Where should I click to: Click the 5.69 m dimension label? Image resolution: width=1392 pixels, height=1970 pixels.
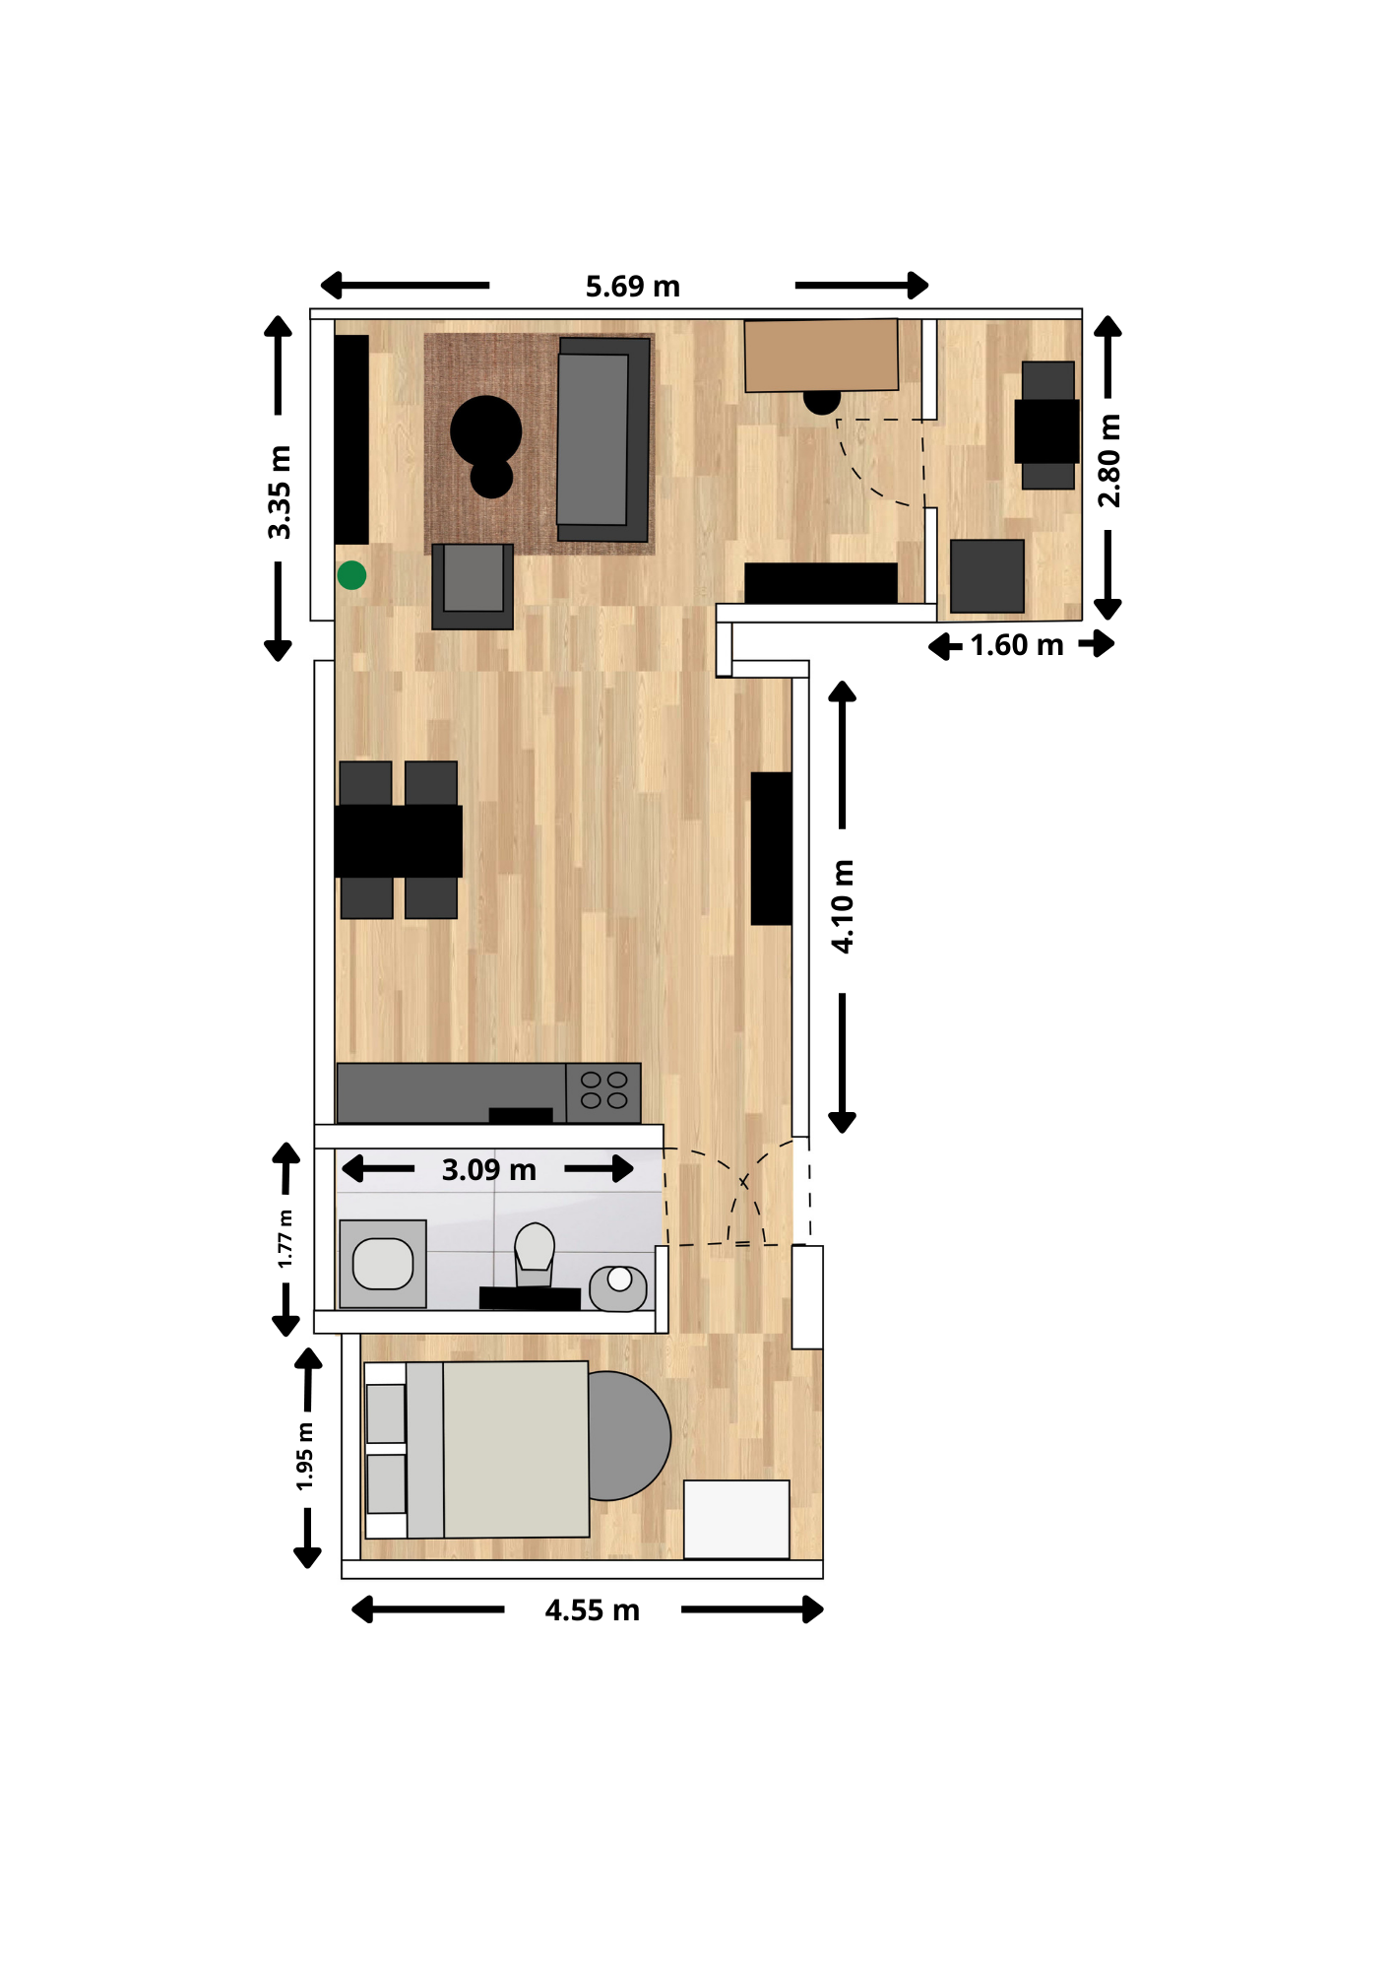tap(632, 287)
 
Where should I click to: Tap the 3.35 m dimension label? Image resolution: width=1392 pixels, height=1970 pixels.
tap(280, 492)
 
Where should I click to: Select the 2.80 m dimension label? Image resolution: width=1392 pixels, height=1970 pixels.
tap(1109, 460)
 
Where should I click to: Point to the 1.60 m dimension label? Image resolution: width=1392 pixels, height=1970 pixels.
tap(1017, 645)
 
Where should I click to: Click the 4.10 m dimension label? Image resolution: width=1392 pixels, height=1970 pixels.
tap(843, 906)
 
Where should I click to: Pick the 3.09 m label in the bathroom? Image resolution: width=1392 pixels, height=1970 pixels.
tap(488, 1170)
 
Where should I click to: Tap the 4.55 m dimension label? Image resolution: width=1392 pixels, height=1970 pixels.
tap(592, 1610)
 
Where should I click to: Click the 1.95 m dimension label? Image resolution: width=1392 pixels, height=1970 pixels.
tap(305, 1456)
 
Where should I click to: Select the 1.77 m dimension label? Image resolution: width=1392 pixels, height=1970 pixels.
tap(285, 1238)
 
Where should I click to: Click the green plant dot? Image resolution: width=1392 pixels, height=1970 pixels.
tap(351, 575)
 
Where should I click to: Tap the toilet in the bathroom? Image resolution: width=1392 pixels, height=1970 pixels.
tap(534, 1254)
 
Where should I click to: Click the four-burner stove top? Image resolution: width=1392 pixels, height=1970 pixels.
tap(603, 1091)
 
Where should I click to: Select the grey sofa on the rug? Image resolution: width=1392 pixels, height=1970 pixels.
tap(603, 439)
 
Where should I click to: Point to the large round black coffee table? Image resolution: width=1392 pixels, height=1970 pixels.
tap(485, 430)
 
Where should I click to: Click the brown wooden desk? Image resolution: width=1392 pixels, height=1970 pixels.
tap(821, 355)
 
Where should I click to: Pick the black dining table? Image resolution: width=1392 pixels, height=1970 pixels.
tap(398, 841)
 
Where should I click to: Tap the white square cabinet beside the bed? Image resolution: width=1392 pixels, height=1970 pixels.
tap(736, 1519)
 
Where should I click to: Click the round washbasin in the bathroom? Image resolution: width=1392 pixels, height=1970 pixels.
tap(618, 1287)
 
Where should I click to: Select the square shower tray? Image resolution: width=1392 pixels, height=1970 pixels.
tap(383, 1264)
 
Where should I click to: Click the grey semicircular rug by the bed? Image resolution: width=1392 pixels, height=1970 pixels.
tap(629, 1435)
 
